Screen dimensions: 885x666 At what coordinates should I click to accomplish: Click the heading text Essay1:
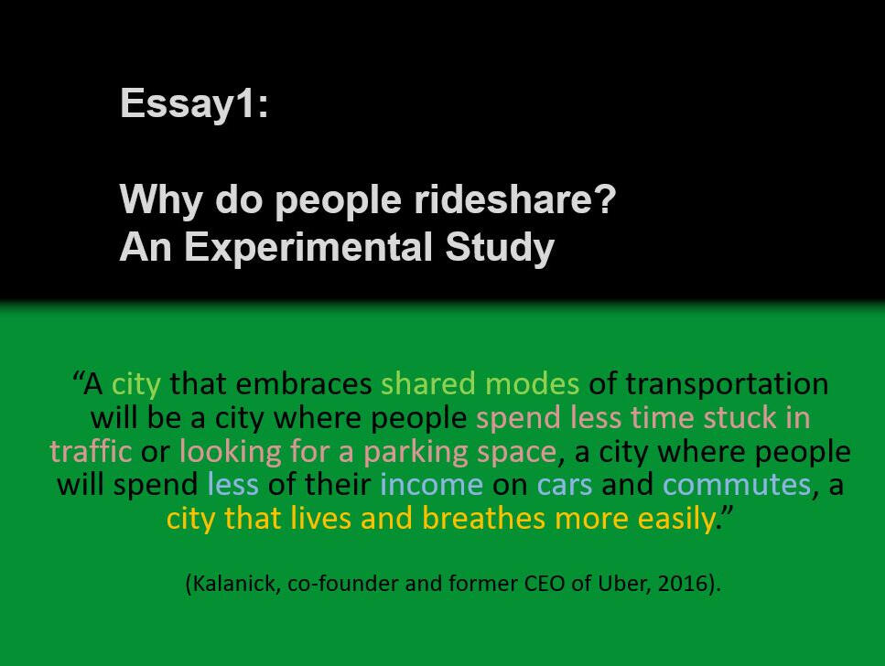click(x=194, y=104)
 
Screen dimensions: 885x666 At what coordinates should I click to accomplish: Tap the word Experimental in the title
click(x=308, y=248)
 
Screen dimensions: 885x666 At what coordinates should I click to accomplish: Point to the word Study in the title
click(x=500, y=248)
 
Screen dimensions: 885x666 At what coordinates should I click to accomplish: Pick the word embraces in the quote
click(x=304, y=384)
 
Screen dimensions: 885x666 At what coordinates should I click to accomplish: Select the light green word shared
click(x=428, y=384)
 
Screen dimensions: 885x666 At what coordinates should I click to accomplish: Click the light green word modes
click(x=533, y=384)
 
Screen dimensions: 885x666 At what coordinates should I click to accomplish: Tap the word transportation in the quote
click(x=728, y=385)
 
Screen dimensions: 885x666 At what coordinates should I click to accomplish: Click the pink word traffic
click(x=91, y=451)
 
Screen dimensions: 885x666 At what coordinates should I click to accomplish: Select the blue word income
click(x=432, y=485)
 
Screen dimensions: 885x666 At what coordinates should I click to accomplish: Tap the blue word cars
click(x=565, y=486)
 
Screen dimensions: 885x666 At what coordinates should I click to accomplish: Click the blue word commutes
click(x=737, y=486)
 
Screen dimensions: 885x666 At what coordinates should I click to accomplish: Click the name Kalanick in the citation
click(x=236, y=583)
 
